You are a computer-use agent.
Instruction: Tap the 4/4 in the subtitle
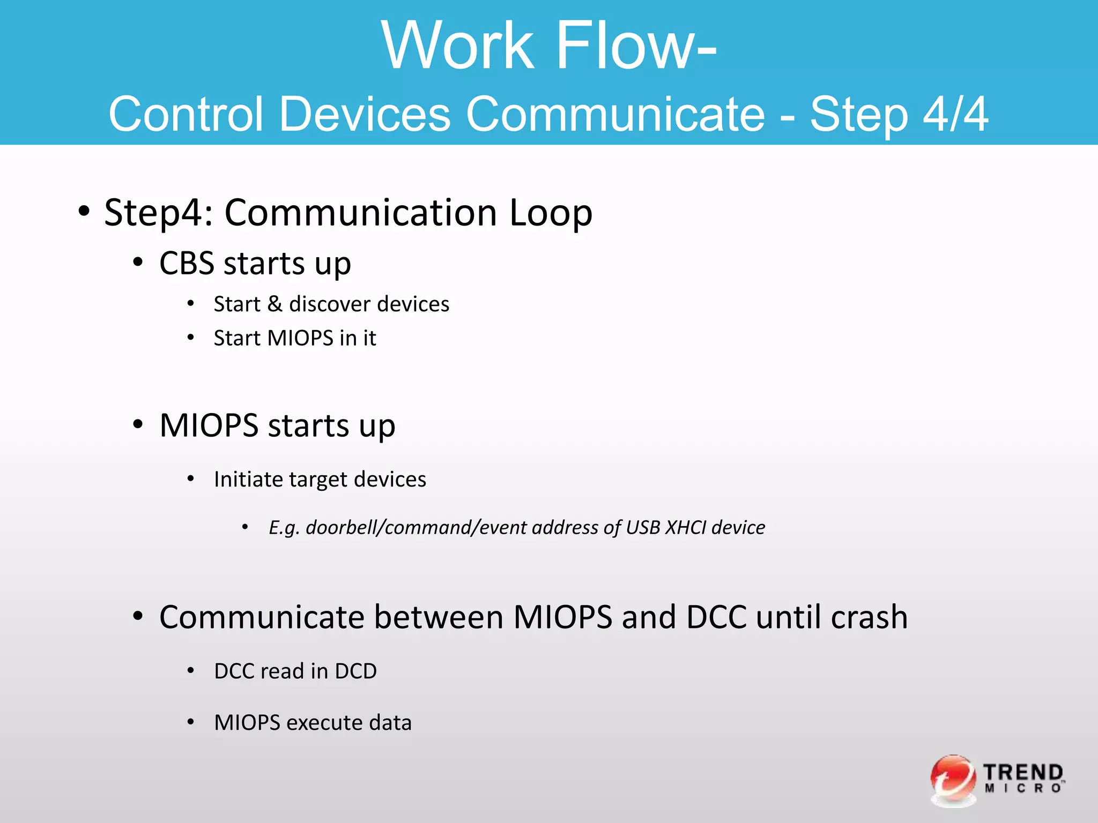(x=955, y=114)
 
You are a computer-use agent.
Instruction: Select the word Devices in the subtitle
(x=365, y=114)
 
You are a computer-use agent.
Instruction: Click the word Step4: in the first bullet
(x=159, y=213)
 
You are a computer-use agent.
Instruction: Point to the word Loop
(x=551, y=213)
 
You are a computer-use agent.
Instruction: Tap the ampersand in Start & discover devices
(x=274, y=304)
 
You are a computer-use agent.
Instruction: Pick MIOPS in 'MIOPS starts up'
(x=209, y=426)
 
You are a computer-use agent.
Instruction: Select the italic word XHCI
(x=686, y=528)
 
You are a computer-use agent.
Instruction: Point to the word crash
(x=869, y=617)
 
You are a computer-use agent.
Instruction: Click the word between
(x=439, y=617)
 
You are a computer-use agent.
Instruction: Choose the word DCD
(x=355, y=671)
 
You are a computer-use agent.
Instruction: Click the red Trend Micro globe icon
(x=953, y=780)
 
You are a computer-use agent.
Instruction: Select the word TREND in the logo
(x=1023, y=773)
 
